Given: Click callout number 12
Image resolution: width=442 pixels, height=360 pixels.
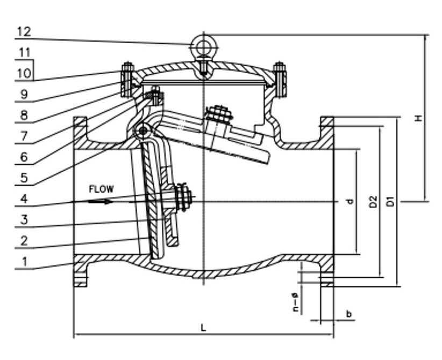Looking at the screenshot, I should (x=24, y=31).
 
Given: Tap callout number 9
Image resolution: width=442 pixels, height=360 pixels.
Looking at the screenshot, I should (x=24, y=94).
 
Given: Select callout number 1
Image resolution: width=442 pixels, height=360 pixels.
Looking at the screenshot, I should (x=24, y=261).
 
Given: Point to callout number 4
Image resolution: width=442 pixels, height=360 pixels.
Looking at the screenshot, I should (x=24, y=199).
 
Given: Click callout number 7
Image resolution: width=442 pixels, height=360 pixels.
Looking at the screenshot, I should (x=24, y=136).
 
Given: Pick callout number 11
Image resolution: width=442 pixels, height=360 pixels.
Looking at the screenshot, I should (x=24, y=53).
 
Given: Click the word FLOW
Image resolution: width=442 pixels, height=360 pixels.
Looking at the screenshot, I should (x=101, y=189).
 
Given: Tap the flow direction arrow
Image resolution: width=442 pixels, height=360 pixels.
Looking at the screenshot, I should (x=101, y=202).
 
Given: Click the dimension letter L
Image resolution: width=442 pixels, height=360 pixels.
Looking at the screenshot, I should (x=203, y=327).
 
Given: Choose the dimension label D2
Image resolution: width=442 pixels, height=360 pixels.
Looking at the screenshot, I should (x=374, y=201).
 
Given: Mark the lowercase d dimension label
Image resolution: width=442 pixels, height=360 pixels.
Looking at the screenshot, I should (x=350, y=202).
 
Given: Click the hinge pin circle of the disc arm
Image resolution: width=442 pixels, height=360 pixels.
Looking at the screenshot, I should (x=143, y=131).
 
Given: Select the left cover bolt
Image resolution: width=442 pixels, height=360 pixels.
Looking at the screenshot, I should (x=127, y=79).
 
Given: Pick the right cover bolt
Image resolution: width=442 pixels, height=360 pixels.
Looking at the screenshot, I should (x=279, y=79).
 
